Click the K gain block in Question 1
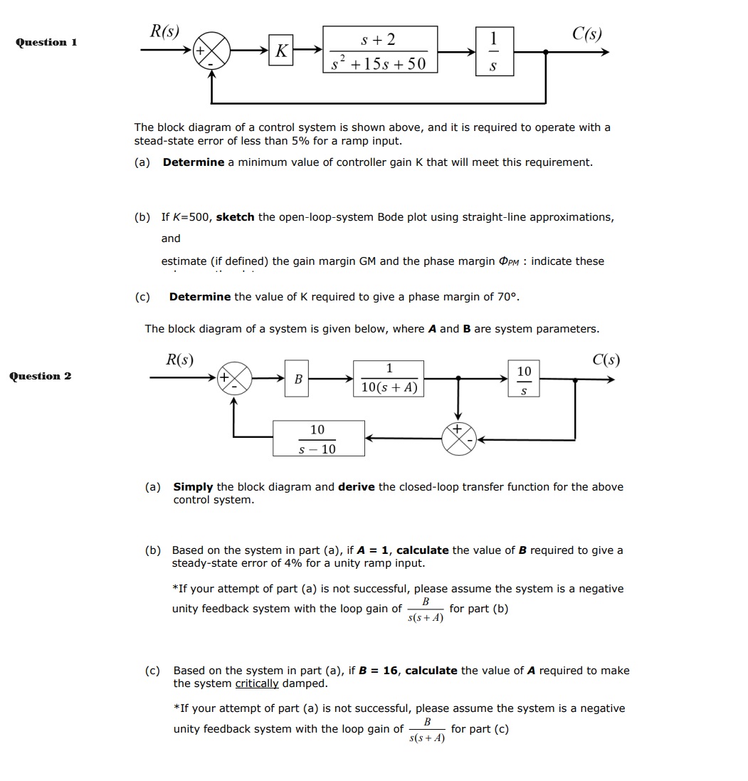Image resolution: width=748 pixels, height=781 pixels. click(x=282, y=51)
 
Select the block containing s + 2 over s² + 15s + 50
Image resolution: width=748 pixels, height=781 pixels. click(x=380, y=50)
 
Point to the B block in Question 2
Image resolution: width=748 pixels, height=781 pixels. click(x=297, y=379)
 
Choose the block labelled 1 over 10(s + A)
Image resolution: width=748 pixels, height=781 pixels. click(x=389, y=379)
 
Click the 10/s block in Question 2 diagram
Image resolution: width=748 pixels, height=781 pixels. click(x=524, y=379)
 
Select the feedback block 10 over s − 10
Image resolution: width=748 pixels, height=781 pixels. click(x=318, y=439)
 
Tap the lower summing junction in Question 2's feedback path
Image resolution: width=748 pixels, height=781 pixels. click(x=458, y=439)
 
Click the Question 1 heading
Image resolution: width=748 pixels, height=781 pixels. click(x=46, y=42)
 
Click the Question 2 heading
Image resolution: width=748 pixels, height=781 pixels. click(x=40, y=376)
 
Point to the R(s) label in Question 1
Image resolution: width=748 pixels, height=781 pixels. click(x=164, y=31)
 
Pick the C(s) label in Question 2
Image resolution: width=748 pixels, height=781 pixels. click(x=606, y=360)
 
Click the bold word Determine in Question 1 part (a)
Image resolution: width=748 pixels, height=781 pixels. click(x=193, y=162)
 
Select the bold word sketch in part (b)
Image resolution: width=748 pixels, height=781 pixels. click(x=235, y=216)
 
